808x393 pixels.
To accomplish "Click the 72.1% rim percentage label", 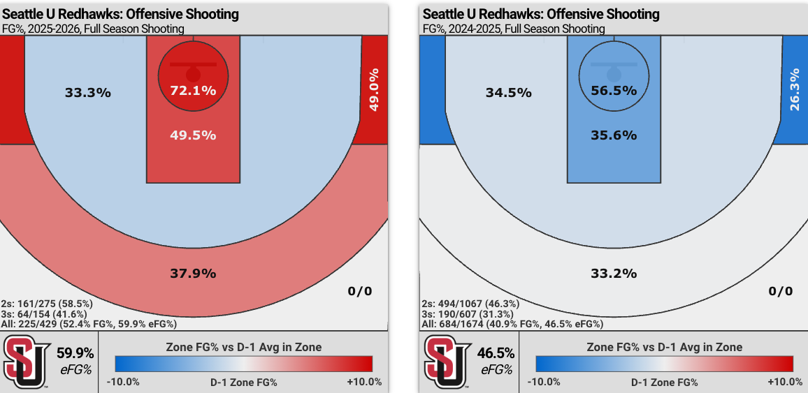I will (x=193, y=91).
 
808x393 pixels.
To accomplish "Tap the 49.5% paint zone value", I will (x=193, y=135).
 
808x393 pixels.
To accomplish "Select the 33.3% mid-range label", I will (x=88, y=93).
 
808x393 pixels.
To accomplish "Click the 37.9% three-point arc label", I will (x=193, y=273).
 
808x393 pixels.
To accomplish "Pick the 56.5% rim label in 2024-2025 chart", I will (x=614, y=91).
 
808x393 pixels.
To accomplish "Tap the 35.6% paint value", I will (x=614, y=135).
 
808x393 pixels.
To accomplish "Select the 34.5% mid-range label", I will (x=509, y=93).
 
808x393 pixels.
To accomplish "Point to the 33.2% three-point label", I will (x=614, y=273).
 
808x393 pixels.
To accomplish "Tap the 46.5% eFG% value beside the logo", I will (x=496, y=353).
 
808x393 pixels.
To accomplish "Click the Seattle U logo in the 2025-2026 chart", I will (x=26, y=362).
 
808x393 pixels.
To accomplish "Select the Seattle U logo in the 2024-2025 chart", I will (x=447, y=362).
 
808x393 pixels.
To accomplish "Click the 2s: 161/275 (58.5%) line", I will (x=48, y=304).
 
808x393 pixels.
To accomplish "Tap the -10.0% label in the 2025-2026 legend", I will (x=124, y=382).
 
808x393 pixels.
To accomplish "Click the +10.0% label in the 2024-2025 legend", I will (x=785, y=382).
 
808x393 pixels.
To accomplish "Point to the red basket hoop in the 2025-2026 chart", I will (x=193, y=73).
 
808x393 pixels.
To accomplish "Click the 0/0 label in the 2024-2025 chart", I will (x=781, y=291).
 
